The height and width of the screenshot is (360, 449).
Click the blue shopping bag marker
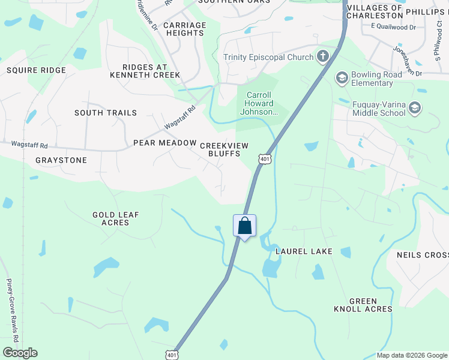tap(244, 226)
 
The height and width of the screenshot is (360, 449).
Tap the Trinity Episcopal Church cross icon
tap(323, 58)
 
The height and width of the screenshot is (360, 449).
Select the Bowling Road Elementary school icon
tap(342, 77)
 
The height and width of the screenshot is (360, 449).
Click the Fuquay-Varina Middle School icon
tap(414, 107)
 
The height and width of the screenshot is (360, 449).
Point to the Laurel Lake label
tap(304, 251)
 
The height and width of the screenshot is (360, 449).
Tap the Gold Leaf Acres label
tap(111, 218)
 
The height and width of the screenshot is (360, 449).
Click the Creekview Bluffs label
tap(220, 149)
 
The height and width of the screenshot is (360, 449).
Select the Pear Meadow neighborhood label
tap(165, 143)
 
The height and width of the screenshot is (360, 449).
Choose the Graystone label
tap(61, 160)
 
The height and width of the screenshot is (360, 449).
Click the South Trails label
tap(106, 113)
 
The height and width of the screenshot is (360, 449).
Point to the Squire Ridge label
tap(36, 70)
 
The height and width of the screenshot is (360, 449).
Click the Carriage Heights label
tap(184, 29)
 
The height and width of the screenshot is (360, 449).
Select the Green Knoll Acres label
tap(363, 305)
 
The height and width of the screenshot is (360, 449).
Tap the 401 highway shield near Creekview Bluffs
tap(265, 158)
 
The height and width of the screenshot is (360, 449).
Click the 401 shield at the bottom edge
tap(172, 355)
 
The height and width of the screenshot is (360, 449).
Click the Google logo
tap(20, 353)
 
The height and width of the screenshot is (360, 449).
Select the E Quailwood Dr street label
tap(393, 27)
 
